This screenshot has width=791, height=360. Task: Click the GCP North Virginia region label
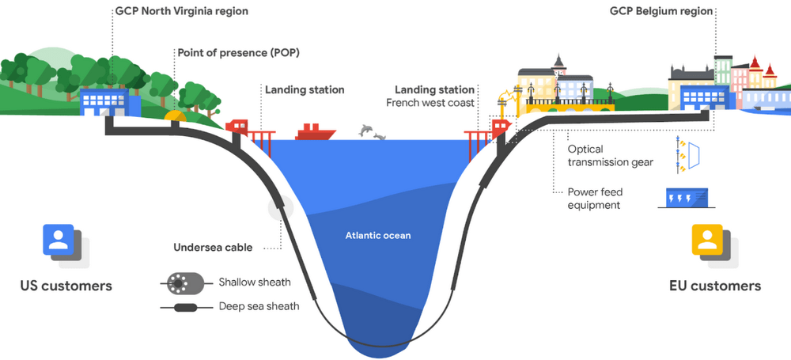180,11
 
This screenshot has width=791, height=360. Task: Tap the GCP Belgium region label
660,11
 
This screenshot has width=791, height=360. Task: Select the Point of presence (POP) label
232,52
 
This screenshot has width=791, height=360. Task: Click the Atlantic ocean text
378,235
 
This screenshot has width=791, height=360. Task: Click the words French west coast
430,103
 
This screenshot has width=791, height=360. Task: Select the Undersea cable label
213,248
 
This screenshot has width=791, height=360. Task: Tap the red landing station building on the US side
237,126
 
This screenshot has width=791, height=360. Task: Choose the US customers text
66,286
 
